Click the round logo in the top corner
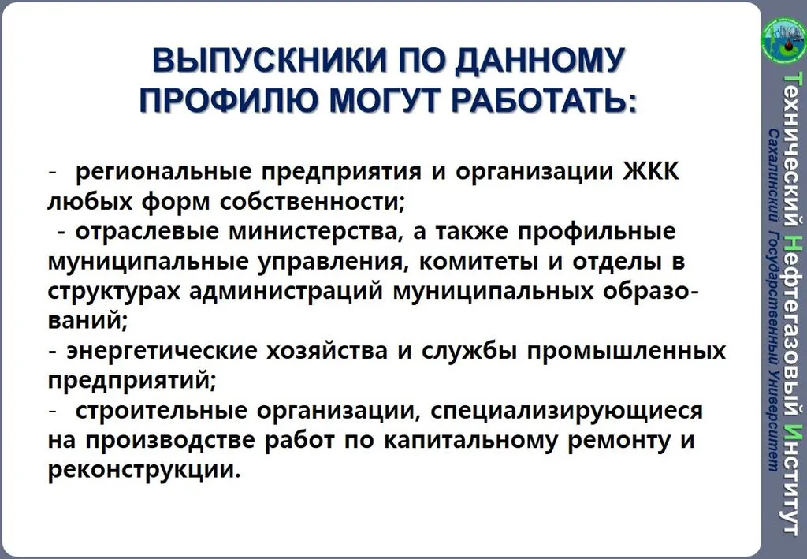[x=784, y=38]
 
